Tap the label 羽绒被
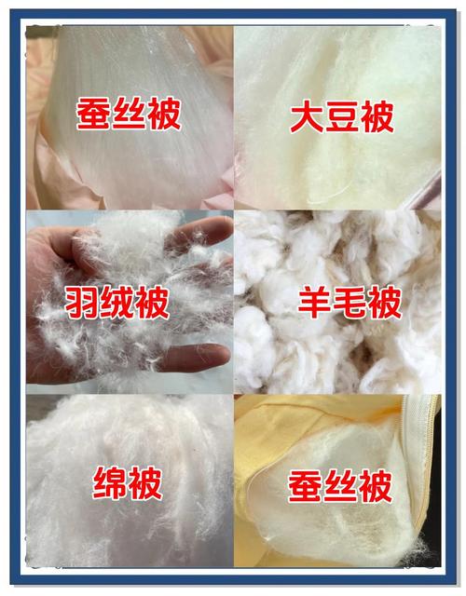click(x=118, y=302)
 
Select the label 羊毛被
click(x=349, y=302)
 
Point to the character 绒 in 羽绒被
click(x=118, y=302)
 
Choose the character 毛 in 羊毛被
click(x=349, y=302)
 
